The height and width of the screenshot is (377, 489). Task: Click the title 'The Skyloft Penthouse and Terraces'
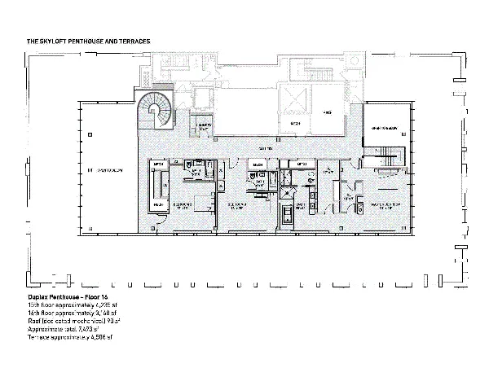click(x=89, y=40)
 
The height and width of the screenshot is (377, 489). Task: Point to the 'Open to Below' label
click(x=382, y=129)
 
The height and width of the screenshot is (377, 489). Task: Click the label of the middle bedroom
click(x=238, y=204)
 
